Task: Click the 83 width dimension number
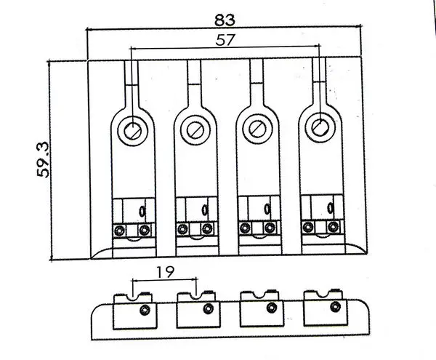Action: pyautogui.click(x=225, y=20)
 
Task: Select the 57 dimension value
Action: pyautogui.click(x=225, y=40)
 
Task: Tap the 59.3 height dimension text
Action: pyautogui.click(x=43, y=159)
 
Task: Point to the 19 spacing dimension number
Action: pyautogui.click(x=165, y=272)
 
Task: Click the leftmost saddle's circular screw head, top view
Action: pyautogui.click(x=133, y=130)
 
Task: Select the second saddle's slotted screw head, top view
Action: pyautogui.click(x=195, y=129)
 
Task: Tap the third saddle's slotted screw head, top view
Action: pyautogui.click(x=257, y=129)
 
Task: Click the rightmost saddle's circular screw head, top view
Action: pyautogui.click(x=320, y=127)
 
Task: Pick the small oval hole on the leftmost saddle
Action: pyautogui.click(x=142, y=212)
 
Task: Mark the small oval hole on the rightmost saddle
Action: pyautogui.click(x=331, y=207)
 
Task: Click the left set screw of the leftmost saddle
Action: pyautogui.click(x=120, y=231)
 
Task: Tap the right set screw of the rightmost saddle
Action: pyautogui.click(x=333, y=226)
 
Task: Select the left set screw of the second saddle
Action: pyautogui.click(x=182, y=229)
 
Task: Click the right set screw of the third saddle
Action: pyautogui.click(x=270, y=228)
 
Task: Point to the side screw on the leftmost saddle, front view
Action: pyautogui.click(x=145, y=310)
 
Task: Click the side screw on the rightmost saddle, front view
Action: pyautogui.click(x=336, y=306)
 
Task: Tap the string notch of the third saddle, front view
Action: pyautogui.click(x=259, y=295)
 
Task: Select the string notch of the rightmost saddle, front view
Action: pyautogui.click(x=323, y=294)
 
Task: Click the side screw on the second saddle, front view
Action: pyautogui.click(x=209, y=308)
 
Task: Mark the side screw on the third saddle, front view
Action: pyautogui.click(x=271, y=308)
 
